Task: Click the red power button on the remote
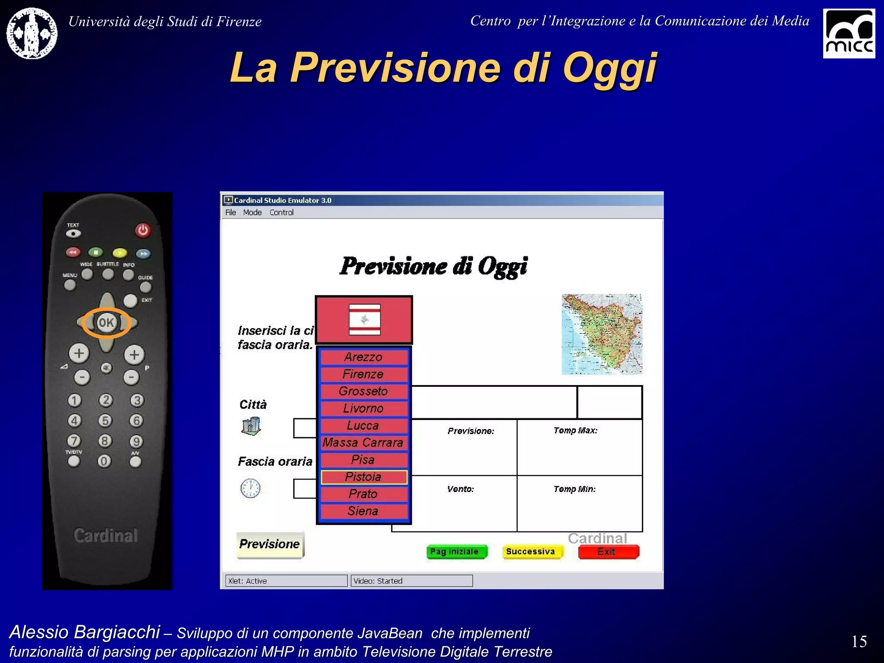[x=143, y=230]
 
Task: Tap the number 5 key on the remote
[x=105, y=420]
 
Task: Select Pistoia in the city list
[x=363, y=477]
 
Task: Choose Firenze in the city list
[x=363, y=374]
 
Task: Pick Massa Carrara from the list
[x=363, y=443]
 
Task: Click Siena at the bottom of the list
[x=363, y=511]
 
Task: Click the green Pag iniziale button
[x=456, y=552]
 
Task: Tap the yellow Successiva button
[x=532, y=552]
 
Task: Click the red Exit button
[x=608, y=552]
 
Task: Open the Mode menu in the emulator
[x=252, y=212]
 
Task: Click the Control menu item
[x=281, y=212]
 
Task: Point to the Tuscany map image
[x=601, y=334]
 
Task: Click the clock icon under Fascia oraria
[x=250, y=488]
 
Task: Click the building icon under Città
[x=251, y=426]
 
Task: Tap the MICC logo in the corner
[x=848, y=33]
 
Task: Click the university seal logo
[x=32, y=33]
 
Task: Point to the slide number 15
[x=859, y=641]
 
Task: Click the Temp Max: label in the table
[x=575, y=430]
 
